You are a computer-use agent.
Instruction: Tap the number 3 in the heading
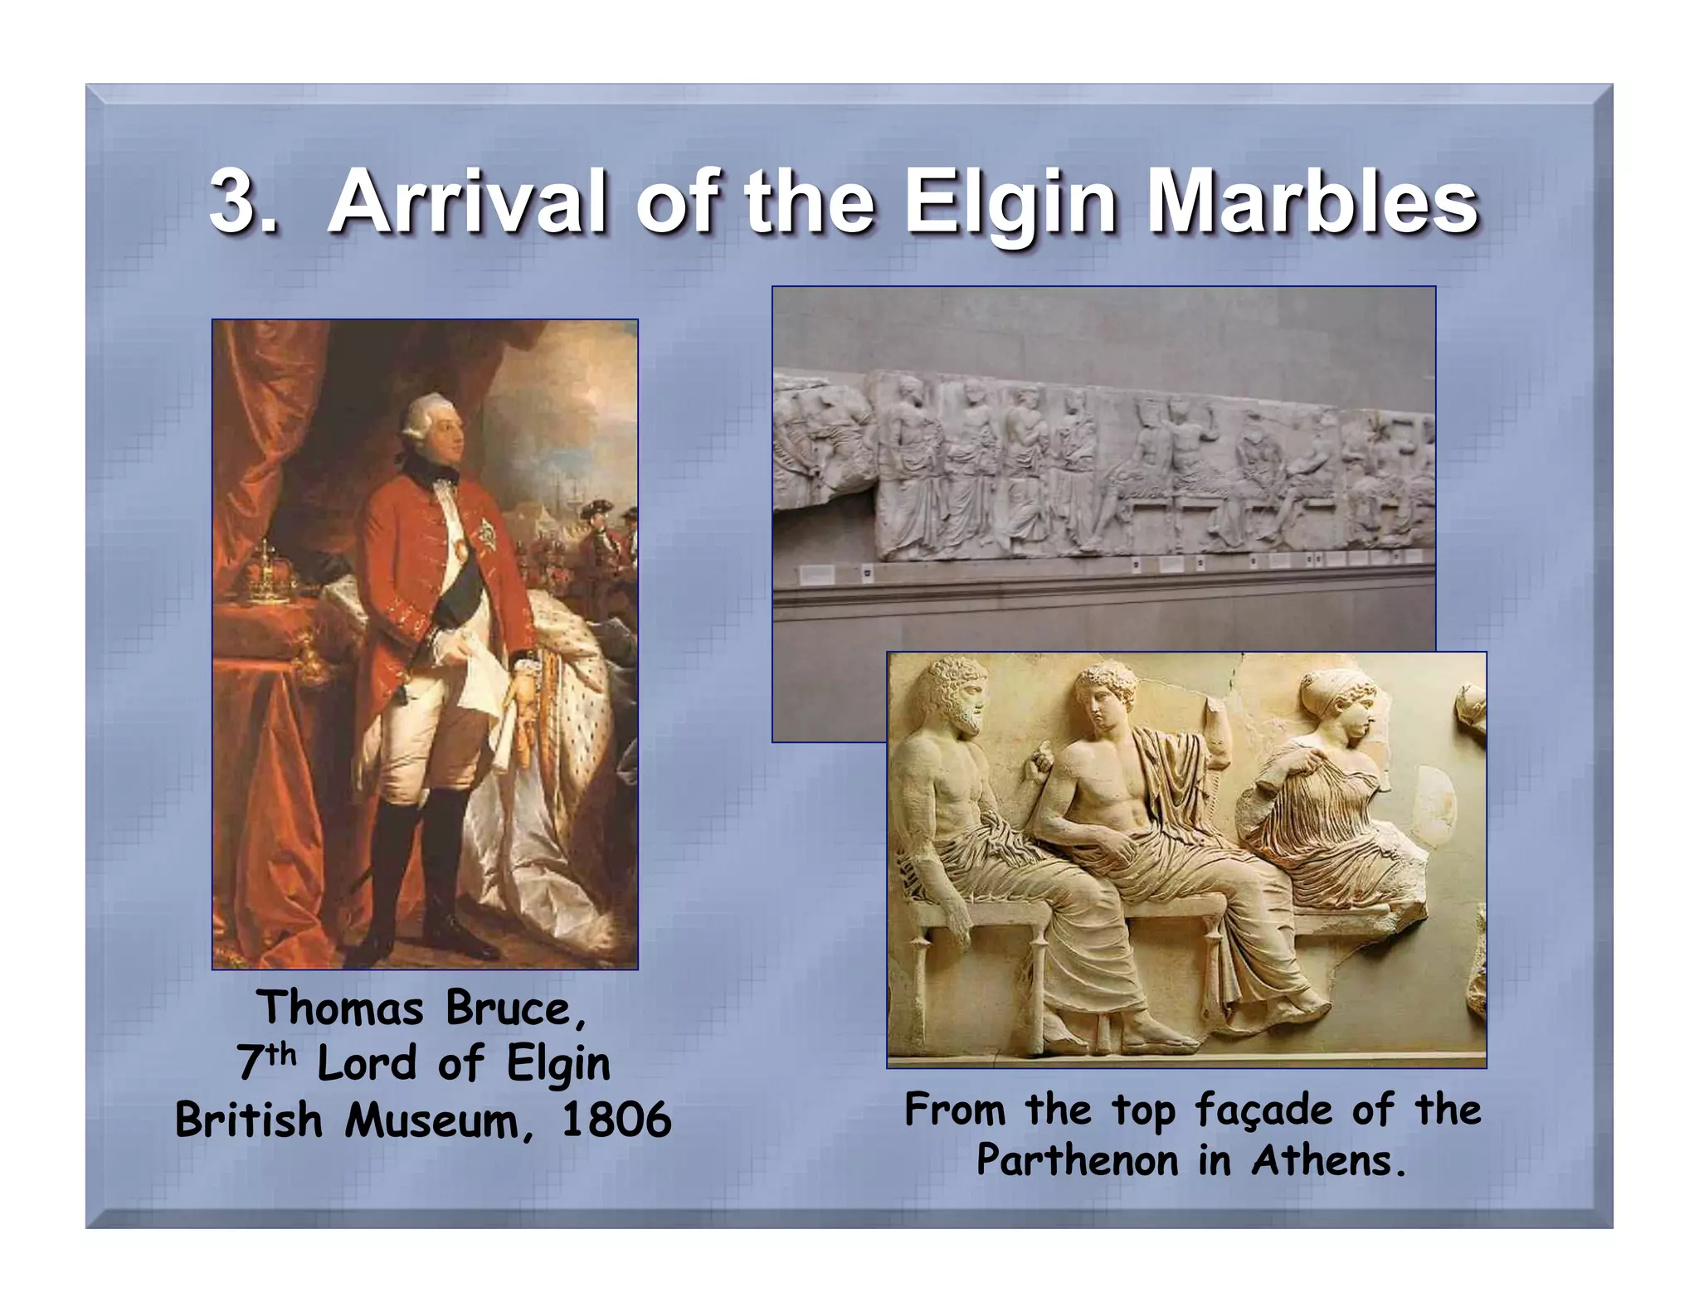(x=234, y=203)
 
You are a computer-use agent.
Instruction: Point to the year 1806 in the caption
(x=616, y=1121)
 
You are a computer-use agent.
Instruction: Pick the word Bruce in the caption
(x=508, y=1009)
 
